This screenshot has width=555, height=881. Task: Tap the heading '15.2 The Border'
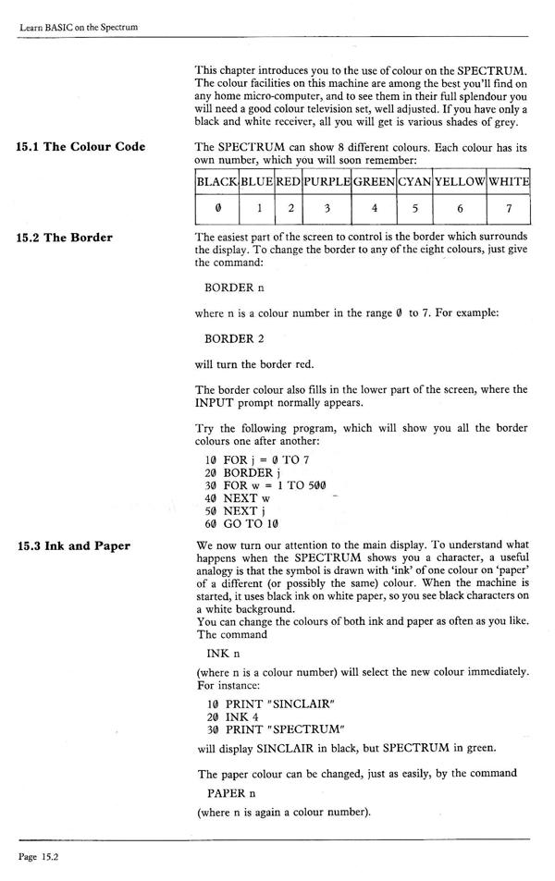click(64, 238)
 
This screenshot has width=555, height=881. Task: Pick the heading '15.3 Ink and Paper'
click(73, 546)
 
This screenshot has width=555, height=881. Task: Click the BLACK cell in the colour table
click(217, 181)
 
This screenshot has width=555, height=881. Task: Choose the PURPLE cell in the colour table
click(327, 181)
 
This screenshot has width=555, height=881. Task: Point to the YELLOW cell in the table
click(460, 181)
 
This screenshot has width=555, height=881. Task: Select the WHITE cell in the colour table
click(509, 181)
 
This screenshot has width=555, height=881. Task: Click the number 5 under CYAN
click(415, 209)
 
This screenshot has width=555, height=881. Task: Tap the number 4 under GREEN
click(374, 209)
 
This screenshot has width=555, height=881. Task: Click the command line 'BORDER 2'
click(235, 338)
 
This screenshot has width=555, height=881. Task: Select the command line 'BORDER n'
click(235, 288)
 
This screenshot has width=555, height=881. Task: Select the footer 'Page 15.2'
click(38, 857)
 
